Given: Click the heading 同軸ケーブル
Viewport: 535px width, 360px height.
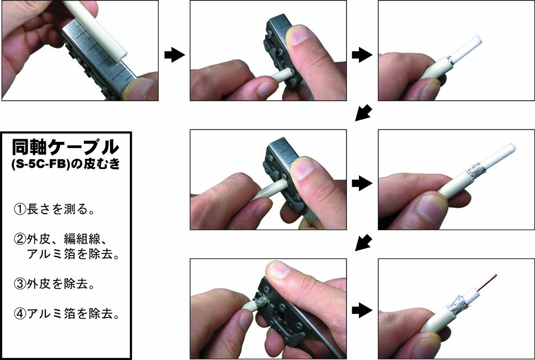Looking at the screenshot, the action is [x=66, y=148].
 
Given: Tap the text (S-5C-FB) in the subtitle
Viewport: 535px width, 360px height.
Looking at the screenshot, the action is [x=40, y=165].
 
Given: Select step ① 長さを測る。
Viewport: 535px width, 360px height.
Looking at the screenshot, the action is [x=54, y=209].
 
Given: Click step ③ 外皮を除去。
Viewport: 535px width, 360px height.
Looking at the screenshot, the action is [x=54, y=284].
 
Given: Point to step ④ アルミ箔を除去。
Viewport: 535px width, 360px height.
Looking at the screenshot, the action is [x=66, y=314].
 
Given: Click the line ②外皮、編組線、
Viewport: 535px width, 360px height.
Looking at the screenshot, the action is [x=61, y=239].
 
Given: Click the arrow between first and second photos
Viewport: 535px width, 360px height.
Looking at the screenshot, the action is [x=175, y=55].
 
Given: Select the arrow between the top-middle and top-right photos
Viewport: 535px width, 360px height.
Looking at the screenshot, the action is [x=362, y=55].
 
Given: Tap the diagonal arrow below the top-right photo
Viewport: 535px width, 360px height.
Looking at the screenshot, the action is [x=363, y=113].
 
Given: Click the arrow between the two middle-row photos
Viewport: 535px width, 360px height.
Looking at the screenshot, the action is [x=362, y=183].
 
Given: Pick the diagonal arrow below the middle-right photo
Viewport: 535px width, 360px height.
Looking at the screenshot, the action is [x=363, y=243].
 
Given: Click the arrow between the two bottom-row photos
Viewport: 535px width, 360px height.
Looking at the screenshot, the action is [x=362, y=310].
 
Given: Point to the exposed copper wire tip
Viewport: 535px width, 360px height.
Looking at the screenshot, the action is [x=496, y=275].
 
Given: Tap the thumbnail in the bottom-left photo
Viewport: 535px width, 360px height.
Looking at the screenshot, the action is [x=280, y=270].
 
